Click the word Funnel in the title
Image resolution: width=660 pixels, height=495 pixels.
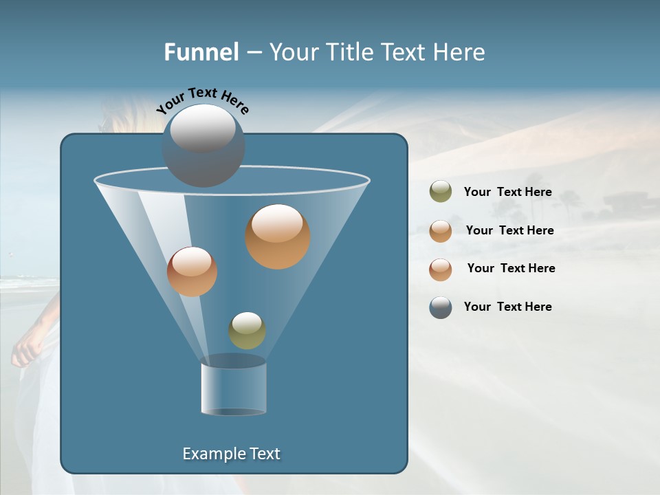click(x=201, y=52)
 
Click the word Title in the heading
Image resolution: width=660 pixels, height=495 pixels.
click(x=349, y=52)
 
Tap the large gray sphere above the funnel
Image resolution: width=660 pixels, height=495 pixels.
click(x=203, y=145)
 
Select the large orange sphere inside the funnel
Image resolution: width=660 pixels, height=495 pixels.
click(x=278, y=236)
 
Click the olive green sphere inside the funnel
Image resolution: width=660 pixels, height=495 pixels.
click(x=247, y=330)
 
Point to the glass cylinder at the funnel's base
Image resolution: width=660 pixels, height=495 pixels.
click(x=233, y=389)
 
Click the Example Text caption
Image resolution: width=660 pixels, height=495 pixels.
click(x=231, y=454)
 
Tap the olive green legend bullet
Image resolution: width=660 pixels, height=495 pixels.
click(x=441, y=192)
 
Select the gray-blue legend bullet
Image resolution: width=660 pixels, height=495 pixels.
click(x=441, y=307)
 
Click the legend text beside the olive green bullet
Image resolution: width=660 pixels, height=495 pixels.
click(x=507, y=192)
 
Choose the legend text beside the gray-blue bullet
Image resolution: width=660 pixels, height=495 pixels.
click(x=507, y=307)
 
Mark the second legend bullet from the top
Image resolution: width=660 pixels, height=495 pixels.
click(x=441, y=231)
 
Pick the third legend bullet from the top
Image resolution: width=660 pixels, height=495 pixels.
click(x=441, y=269)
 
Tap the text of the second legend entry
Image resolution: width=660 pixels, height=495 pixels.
click(x=509, y=230)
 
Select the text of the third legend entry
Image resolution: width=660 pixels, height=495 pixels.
click(x=511, y=268)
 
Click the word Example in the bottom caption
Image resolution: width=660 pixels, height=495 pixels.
click(x=212, y=454)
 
